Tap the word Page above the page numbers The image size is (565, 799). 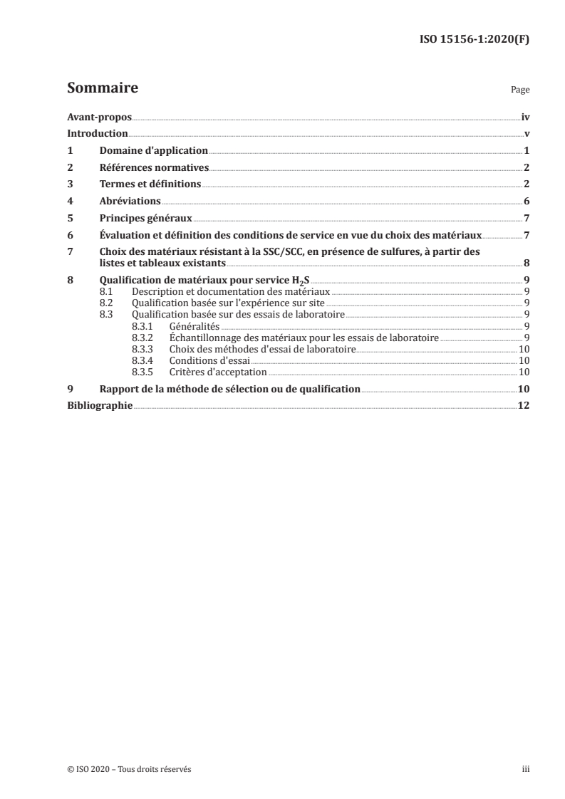(x=520, y=91)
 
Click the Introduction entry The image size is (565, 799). (x=98, y=134)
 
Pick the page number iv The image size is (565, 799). (x=525, y=117)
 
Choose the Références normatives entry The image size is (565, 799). (x=154, y=167)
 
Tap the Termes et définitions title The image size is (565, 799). (x=151, y=184)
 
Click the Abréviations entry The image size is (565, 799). (x=130, y=202)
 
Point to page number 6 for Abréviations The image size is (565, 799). (x=527, y=202)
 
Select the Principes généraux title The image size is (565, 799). (x=146, y=219)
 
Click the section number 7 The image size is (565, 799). (x=69, y=251)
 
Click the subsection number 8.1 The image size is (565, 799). (x=107, y=291)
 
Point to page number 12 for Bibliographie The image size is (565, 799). (x=524, y=406)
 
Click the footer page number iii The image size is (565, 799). (x=526, y=769)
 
